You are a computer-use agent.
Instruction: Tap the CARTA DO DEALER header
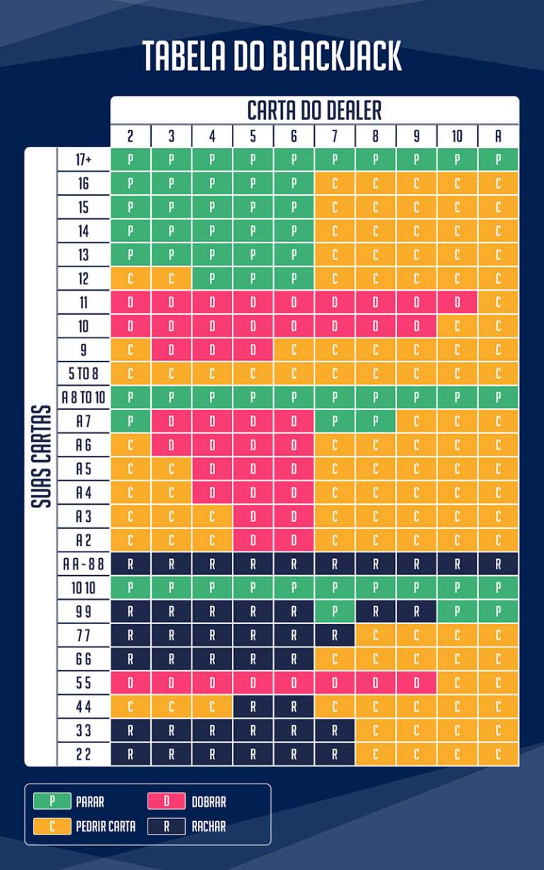click(314, 111)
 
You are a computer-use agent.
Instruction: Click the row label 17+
click(84, 160)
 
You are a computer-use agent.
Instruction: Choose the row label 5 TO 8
click(84, 374)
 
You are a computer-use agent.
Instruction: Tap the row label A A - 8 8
click(84, 564)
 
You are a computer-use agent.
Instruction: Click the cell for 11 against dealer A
click(498, 303)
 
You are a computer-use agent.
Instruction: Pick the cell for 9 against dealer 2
click(131, 350)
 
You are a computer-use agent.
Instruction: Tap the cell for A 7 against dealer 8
click(375, 422)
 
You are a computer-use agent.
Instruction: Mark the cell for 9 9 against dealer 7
click(335, 612)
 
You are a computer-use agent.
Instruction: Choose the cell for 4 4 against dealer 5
click(253, 707)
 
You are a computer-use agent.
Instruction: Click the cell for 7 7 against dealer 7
click(335, 636)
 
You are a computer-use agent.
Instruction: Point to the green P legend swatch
click(51, 802)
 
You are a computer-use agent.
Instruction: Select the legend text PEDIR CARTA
click(106, 826)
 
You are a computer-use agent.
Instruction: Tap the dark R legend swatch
click(167, 826)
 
